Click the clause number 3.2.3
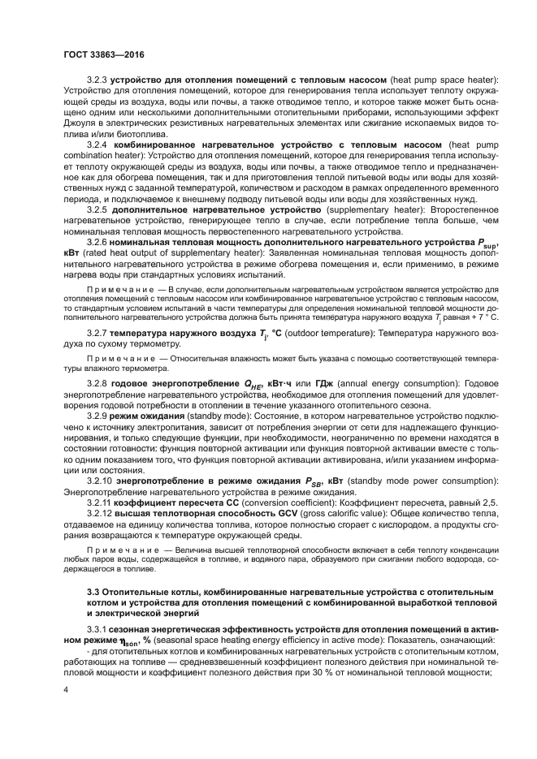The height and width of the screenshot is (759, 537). [97, 81]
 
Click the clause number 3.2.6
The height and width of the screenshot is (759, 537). [97, 240]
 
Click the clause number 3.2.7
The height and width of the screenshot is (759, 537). [97, 332]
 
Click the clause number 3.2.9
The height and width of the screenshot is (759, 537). [97, 415]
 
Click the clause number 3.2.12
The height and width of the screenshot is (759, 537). [99, 515]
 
